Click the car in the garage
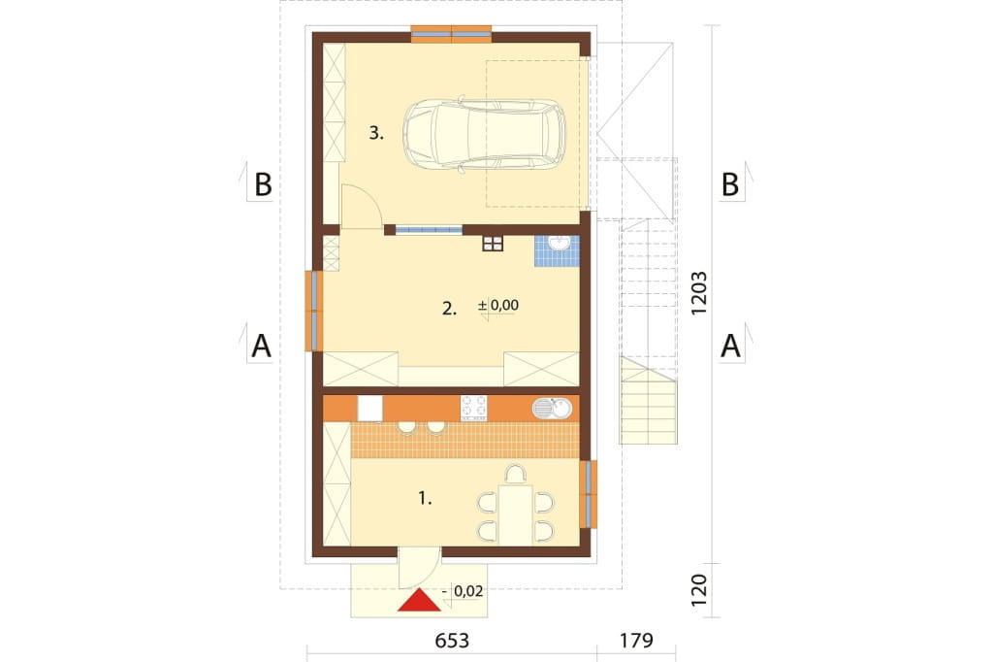485,134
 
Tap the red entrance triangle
419,600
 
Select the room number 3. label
376,133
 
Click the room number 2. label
449,309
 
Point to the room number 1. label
425,499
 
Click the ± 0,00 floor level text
498,305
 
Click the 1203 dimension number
698,293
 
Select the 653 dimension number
452,641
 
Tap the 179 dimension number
636,641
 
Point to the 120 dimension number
698,590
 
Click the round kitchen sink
552,409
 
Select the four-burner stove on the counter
473,409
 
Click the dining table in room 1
515,514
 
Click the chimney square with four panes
493,243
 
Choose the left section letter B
263,184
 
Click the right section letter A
730,347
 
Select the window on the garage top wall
451,34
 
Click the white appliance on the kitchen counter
369,409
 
